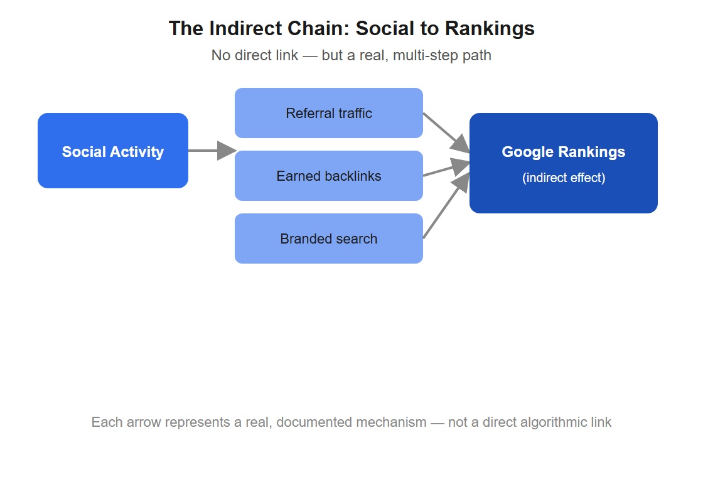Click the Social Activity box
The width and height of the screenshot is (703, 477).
click(113, 151)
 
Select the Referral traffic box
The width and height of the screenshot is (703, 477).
click(329, 113)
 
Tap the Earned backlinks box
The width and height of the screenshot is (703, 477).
click(329, 176)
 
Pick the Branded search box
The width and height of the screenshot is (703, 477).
click(329, 238)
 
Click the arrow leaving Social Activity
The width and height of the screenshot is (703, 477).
click(212, 151)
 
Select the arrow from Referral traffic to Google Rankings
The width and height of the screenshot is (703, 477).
click(446, 132)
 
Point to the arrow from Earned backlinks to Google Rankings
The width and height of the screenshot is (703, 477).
click(446, 168)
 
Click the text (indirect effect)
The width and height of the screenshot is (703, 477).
click(564, 178)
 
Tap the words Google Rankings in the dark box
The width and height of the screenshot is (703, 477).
click(564, 152)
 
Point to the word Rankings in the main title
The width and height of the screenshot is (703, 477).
click(490, 29)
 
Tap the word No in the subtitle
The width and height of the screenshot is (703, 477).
click(221, 55)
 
